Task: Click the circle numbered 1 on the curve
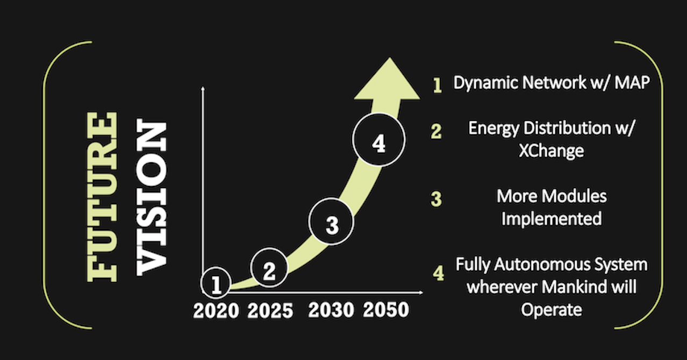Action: click(216, 283)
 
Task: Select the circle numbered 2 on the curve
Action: click(269, 268)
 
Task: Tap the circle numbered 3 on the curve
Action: click(331, 221)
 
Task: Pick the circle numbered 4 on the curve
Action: click(379, 140)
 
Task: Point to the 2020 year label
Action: click(216, 311)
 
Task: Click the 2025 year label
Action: click(270, 311)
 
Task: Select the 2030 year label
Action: click(331, 309)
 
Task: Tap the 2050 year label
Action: click(386, 309)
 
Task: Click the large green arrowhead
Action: click(388, 79)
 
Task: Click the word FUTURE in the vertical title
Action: click(102, 197)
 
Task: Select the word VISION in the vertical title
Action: click(152, 197)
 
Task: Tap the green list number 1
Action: click(438, 85)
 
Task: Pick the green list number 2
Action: click(436, 131)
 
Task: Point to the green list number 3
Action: click(436, 199)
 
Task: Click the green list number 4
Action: click(438, 272)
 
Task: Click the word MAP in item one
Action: click(632, 83)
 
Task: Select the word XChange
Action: click(552, 151)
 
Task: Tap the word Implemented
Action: click(552, 219)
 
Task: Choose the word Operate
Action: click(552, 309)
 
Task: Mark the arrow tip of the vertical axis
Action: click(203, 88)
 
